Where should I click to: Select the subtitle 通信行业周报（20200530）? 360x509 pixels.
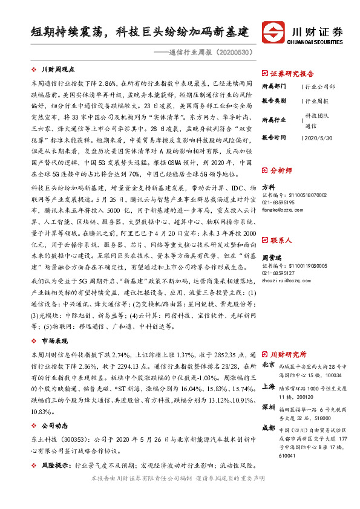click(x=203, y=52)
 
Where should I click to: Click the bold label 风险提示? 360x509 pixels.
click(x=55, y=466)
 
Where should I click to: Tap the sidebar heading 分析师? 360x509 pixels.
click(x=282, y=170)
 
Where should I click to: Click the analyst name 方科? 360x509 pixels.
click(x=268, y=187)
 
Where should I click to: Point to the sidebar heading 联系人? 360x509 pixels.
click(x=282, y=223)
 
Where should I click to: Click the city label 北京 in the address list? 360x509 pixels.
click(x=268, y=365)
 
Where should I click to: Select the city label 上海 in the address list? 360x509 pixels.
click(x=268, y=386)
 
